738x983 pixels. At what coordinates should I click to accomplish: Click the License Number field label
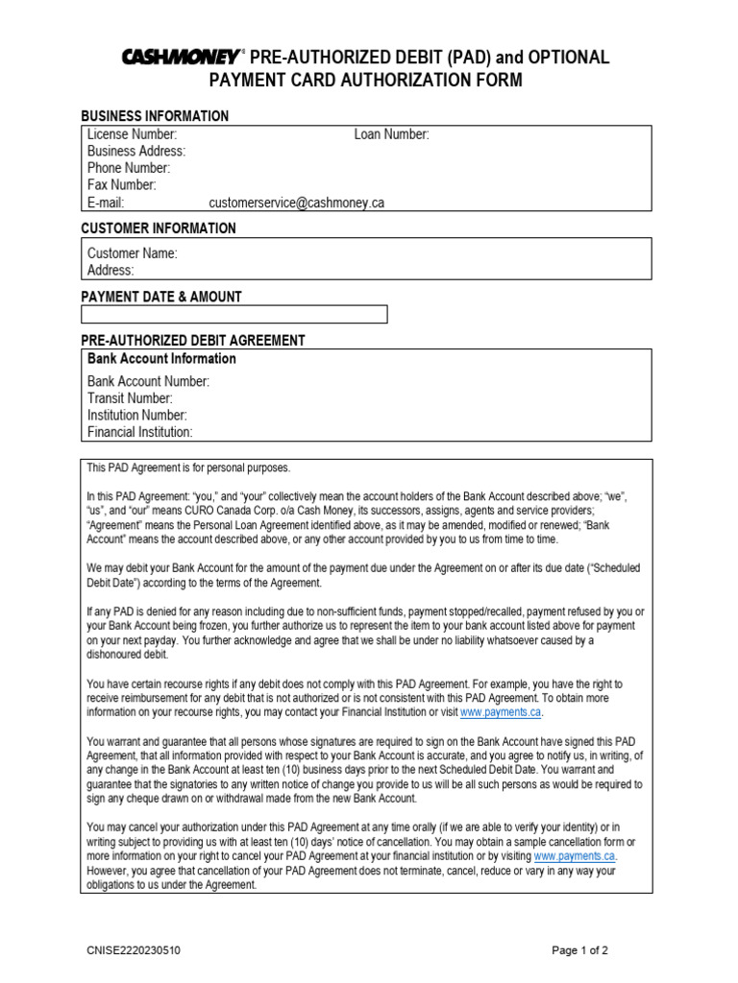click(x=132, y=135)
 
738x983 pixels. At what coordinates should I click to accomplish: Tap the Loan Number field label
click(x=391, y=135)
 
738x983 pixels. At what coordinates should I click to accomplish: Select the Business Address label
click(x=136, y=152)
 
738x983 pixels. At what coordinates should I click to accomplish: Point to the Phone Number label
click(x=129, y=169)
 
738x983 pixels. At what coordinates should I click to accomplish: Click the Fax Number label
click(x=121, y=185)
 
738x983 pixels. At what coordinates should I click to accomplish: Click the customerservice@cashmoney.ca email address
click(x=296, y=203)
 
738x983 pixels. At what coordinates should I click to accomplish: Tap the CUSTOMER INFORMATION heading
click(x=158, y=228)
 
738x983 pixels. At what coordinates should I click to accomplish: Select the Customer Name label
click(x=133, y=253)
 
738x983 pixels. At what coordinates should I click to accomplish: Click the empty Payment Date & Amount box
click(x=234, y=314)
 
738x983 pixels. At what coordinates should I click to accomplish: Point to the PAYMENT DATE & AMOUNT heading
click(x=160, y=297)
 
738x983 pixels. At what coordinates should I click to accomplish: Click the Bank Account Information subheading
click(x=161, y=359)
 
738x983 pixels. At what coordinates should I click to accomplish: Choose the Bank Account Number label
click(x=148, y=381)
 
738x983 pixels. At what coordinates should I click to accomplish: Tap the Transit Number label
click(x=130, y=398)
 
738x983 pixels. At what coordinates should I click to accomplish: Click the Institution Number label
click(x=137, y=416)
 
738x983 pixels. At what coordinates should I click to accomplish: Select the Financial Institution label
click(x=140, y=432)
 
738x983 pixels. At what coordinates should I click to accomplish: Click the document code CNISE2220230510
click(x=133, y=951)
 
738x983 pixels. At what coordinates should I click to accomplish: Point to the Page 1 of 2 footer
click(x=579, y=951)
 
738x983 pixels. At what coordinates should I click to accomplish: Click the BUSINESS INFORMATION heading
click(x=155, y=116)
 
